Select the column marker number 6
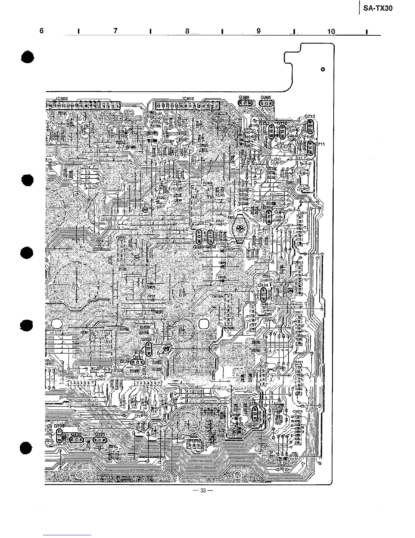tap(41, 31)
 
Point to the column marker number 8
tap(187, 31)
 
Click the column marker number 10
tap(331, 32)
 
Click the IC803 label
tap(62, 98)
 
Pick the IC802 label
tap(188, 98)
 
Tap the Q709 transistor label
tap(244, 97)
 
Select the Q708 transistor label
tap(265, 97)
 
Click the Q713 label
tap(310, 116)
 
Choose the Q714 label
tap(263, 285)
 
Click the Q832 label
tap(146, 339)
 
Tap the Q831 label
tap(137, 357)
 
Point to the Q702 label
tap(76, 434)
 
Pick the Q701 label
tap(100, 434)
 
